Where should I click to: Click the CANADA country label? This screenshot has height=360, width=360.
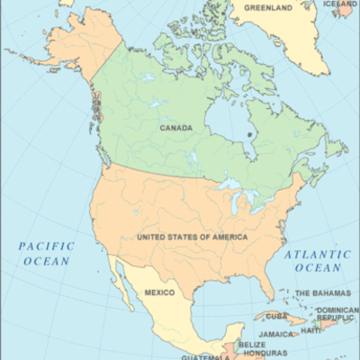coord(175,128)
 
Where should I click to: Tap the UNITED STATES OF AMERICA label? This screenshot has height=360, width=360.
coord(192,237)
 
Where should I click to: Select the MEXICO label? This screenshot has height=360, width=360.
coord(160,293)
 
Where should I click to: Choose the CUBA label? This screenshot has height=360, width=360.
coord(275,316)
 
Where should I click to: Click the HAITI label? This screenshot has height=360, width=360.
coord(310,330)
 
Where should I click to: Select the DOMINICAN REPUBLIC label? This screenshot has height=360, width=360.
coord(337,314)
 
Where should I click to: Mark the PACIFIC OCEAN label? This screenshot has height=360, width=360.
coord(47,253)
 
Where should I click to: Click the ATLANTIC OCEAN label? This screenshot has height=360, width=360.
coord(312,261)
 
